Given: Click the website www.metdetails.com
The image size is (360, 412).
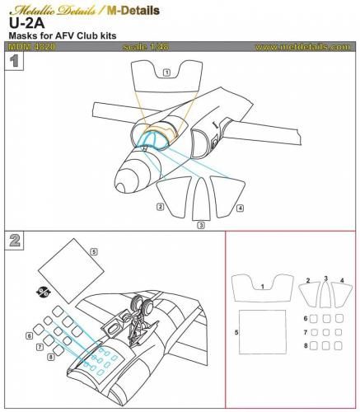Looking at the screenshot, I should click(x=302, y=48).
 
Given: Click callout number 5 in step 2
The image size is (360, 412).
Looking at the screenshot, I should click(x=94, y=250).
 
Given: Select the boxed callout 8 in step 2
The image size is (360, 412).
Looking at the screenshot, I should click(x=51, y=357).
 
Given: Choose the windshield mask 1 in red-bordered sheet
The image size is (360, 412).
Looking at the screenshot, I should click(x=262, y=289).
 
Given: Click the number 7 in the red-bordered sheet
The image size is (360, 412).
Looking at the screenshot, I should click(x=305, y=333).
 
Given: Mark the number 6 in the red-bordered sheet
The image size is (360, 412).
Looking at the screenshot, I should click(x=305, y=318).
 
